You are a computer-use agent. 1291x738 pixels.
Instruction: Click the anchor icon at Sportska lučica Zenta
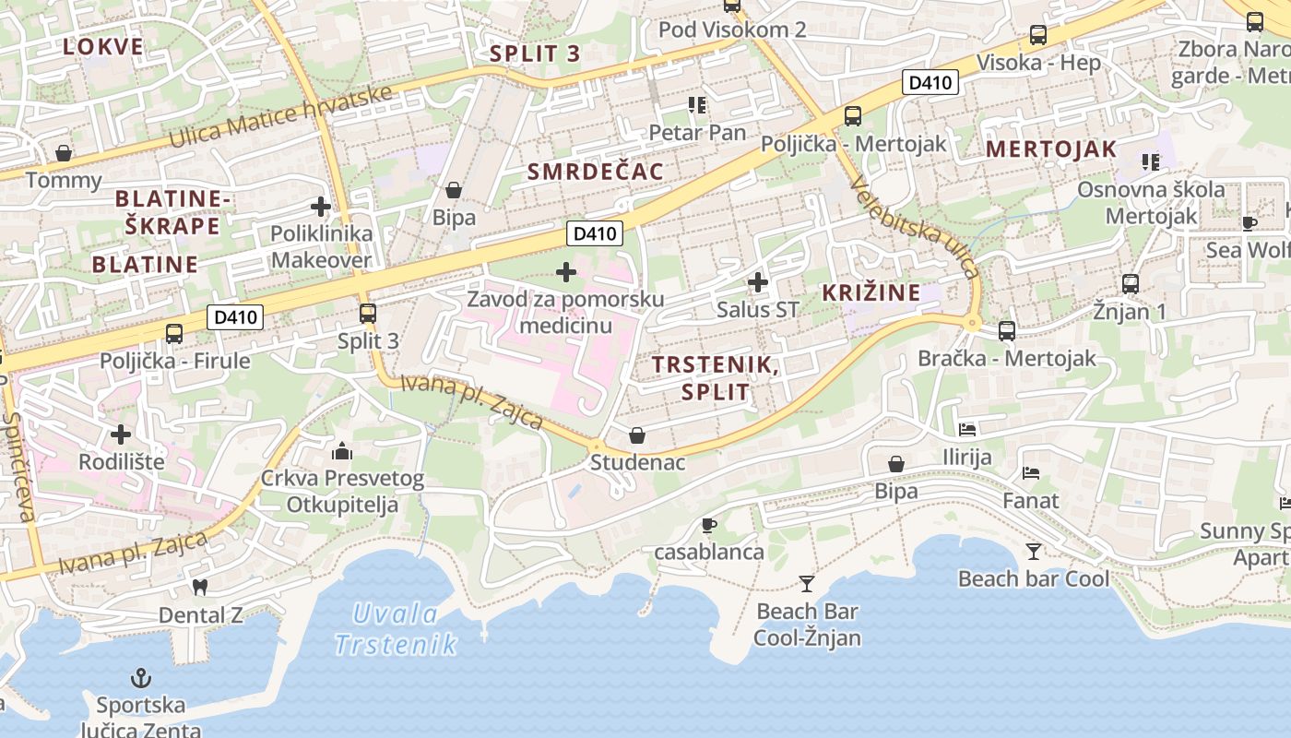pos(140,679)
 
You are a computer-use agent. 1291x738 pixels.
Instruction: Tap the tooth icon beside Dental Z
pos(199,587)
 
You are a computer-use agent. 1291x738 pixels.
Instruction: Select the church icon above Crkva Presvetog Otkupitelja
pos(342,451)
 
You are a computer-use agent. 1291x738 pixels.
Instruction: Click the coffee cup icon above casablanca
pos(708,525)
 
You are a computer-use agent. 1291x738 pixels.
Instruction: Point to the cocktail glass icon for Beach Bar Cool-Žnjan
pos(807,583)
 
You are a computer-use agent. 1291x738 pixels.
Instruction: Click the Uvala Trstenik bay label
pos(396,628)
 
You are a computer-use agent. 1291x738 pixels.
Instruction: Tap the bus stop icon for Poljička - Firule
pos(174,333)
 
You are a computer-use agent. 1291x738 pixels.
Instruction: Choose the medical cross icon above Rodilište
pos(121,434)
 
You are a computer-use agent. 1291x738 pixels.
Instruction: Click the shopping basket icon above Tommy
pos(64,152)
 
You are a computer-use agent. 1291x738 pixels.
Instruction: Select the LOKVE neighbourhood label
pos(103,47)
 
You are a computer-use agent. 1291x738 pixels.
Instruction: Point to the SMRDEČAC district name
pos(595,172)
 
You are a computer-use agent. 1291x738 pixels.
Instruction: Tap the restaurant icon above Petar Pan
pos(696,105)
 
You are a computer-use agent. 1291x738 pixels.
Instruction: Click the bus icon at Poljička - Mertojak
pos(853,116)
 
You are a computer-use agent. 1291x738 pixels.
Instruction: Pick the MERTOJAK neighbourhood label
pos(1051,149)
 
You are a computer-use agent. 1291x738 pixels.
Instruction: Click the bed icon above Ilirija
pos(966,429)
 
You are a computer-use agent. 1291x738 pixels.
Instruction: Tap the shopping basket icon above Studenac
pos(637,434)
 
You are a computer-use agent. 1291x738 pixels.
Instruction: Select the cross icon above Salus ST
pos(757,281)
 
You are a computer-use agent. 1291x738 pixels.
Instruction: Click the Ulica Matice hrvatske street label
pos(280,117)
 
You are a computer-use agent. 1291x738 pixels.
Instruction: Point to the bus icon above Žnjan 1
pos(1130,284)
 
